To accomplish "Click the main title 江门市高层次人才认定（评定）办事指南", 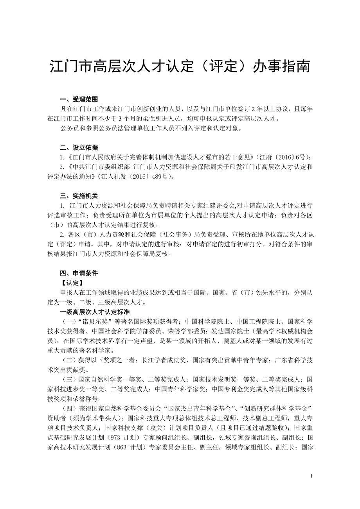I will click(x=180, y=66).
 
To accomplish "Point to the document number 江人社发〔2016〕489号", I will click(x=139, y=177).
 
